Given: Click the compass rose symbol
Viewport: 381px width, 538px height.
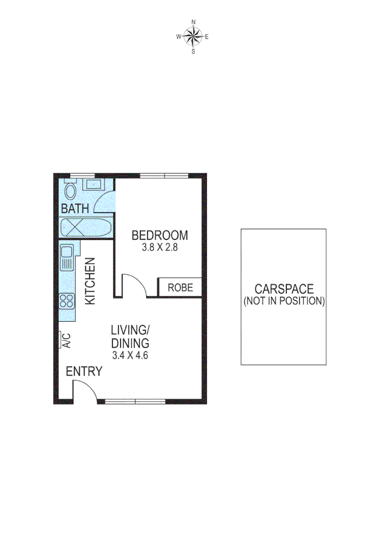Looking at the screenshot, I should pos(193,36).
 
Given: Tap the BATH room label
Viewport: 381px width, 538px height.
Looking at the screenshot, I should pos(75,209).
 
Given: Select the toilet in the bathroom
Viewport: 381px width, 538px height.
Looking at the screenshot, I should pos(70,190).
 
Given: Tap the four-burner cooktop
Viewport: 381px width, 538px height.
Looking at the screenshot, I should pos(67,300).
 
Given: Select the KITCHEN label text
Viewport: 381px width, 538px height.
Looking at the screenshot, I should pos(90,281).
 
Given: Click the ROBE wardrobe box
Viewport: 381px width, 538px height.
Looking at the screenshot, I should pos(180,287).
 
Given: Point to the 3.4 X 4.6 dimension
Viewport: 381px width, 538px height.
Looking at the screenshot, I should pos(131,356).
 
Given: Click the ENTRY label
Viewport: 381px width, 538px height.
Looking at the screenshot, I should pos(84,372).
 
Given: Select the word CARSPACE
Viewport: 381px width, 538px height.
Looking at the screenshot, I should pos(284,289).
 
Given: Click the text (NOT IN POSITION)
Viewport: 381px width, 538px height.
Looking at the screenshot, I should pos(284,301).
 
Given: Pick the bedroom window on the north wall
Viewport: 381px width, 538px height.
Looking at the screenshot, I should pos(164,175).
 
